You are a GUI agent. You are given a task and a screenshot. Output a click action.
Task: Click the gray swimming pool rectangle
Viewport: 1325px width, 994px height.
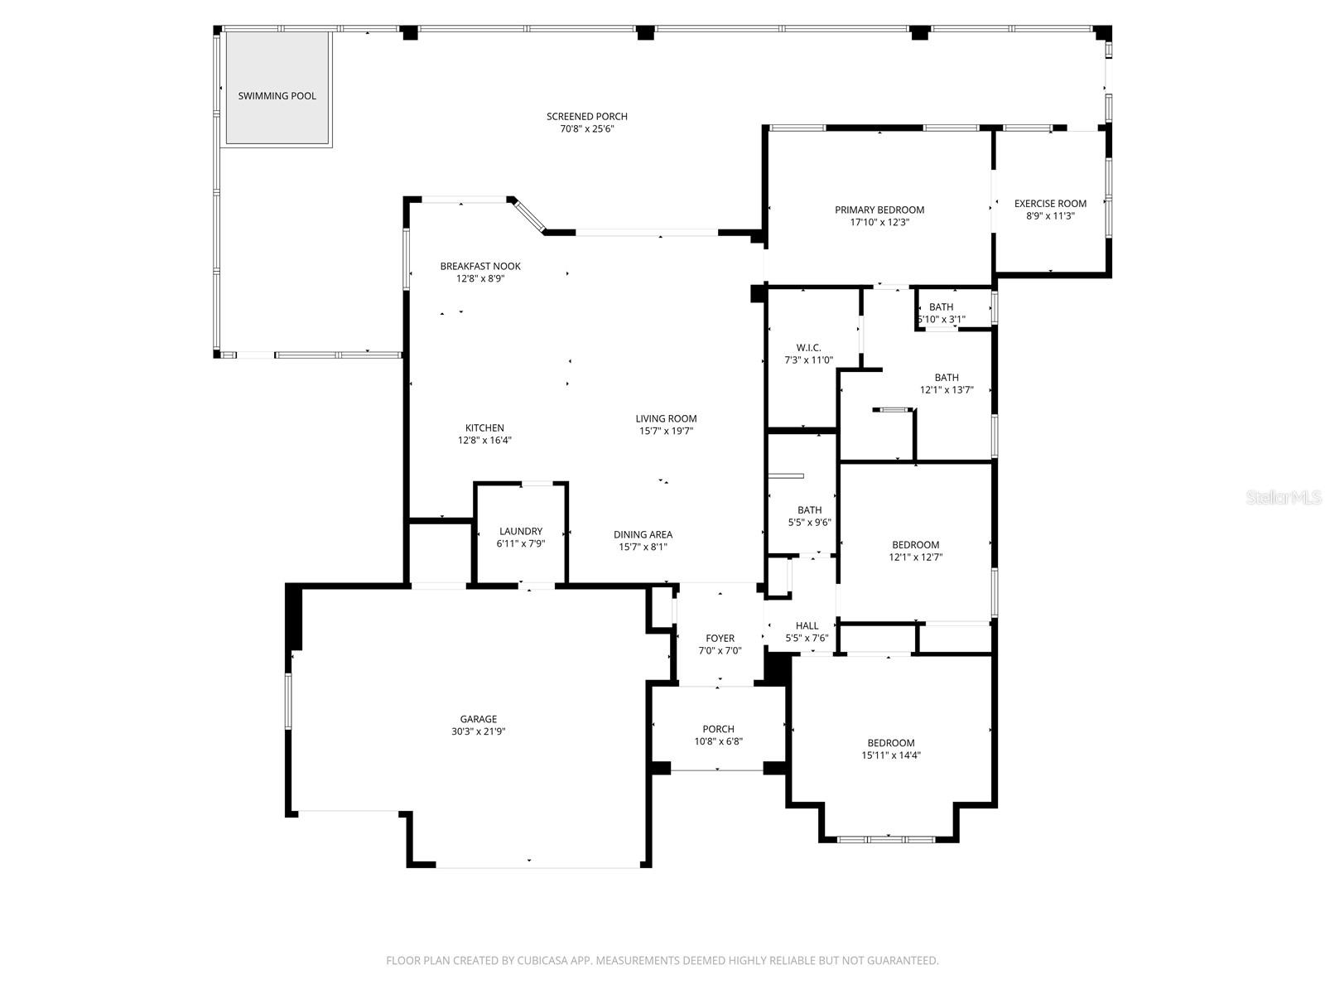277,87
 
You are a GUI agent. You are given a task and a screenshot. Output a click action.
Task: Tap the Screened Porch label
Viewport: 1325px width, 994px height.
586,117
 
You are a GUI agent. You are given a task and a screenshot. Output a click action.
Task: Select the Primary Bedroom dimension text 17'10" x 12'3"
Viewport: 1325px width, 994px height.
879,222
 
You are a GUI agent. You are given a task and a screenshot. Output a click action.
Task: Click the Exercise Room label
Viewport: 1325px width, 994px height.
1050,204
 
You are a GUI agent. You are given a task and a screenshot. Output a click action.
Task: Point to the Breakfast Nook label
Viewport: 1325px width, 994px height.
480,267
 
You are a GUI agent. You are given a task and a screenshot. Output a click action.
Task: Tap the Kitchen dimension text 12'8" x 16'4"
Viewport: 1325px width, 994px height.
484,441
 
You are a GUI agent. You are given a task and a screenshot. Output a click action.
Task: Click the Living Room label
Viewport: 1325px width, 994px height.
666,419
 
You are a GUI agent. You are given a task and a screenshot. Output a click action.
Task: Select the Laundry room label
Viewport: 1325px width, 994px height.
521,532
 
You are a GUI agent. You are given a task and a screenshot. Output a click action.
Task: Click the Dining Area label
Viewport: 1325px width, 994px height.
643,535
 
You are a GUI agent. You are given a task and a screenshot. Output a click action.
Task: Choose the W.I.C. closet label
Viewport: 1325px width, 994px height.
808,348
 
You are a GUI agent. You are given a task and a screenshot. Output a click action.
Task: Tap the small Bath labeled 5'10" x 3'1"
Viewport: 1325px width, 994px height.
941,307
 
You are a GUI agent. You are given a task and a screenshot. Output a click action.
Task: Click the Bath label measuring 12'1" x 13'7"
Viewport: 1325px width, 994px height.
947,378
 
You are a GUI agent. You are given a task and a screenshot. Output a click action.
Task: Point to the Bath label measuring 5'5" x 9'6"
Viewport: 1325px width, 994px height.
810,510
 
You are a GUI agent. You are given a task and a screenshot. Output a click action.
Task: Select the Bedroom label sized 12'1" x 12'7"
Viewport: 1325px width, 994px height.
916,545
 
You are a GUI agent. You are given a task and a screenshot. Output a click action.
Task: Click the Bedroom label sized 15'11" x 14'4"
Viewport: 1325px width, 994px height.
891,743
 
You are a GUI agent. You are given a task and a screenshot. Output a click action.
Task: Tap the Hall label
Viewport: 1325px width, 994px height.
807,626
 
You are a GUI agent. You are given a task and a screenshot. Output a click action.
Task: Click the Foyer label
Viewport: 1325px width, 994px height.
720,639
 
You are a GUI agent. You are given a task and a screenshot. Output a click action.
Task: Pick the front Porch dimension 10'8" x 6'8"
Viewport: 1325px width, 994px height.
718,741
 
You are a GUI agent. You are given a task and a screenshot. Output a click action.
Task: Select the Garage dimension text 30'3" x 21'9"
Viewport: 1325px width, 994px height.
479,731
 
